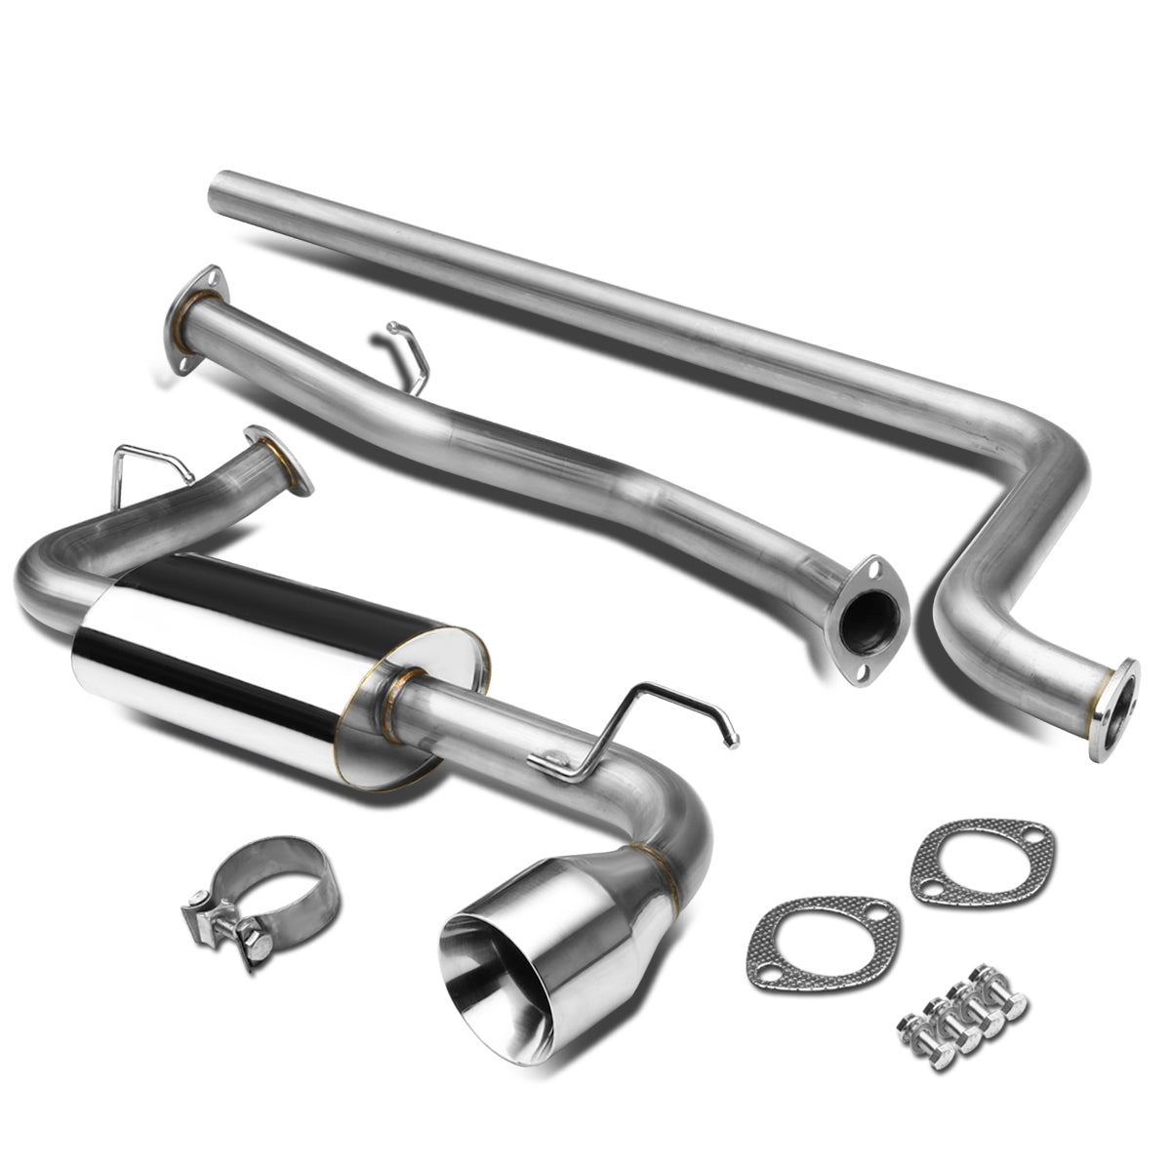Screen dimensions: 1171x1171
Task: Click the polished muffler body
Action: click(263, 664)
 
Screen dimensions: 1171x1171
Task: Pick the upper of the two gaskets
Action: click(980, 860)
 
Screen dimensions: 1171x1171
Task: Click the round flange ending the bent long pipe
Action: click(1121, 695)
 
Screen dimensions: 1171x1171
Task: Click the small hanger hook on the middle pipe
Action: click(410, 356)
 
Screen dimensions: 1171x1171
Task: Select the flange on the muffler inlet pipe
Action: click(278, 461)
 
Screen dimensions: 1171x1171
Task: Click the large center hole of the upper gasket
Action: click(981, 860)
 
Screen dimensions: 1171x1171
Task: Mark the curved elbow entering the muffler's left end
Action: click(54, 576)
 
